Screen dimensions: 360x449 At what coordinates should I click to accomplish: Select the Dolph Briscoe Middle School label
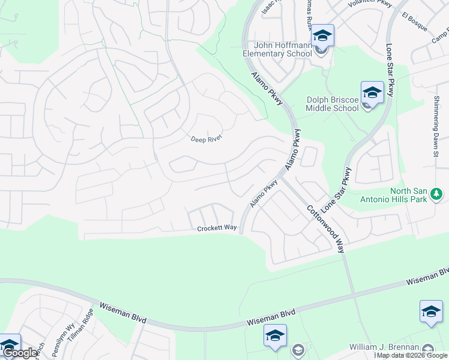coord(332,104)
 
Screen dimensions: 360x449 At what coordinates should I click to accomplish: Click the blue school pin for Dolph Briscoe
coord(372,93)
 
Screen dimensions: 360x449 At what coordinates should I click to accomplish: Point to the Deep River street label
coord(206,138)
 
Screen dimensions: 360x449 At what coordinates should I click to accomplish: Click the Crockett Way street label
coord(217,228)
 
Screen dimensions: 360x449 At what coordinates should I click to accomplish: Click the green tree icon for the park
coord(437,194)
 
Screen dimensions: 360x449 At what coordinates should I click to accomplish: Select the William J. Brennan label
coord(385,348)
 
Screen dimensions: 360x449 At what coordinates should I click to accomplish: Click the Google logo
coord(19,353)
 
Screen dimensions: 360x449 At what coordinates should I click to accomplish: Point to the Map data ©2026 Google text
coord(412,356)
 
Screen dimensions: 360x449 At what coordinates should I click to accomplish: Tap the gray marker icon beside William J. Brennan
coord(428,349)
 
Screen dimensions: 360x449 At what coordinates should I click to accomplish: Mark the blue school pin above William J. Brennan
coord(431,312)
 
